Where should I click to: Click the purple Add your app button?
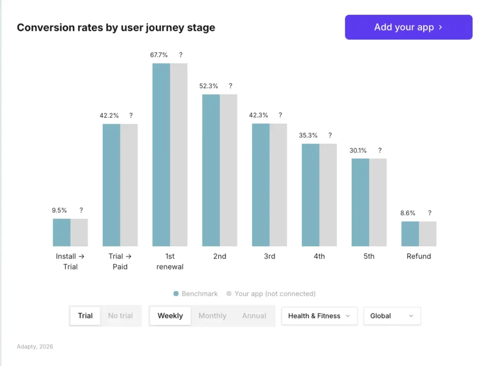(x=409, y=27)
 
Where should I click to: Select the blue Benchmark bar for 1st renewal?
(x=161, y=154)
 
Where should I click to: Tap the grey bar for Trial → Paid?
(x=129, y=185)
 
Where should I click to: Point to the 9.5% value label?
(x=59, y=210)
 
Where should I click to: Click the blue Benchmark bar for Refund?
(x=410, y=233)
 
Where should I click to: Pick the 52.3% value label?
(x=209, y=86)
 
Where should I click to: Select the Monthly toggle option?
(x=212, y=316)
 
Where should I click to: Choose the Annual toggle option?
(x=254, y=316)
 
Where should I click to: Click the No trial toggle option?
(x=120, y=316)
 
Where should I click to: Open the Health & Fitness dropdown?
(x=319, y=316)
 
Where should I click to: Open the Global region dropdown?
(x=392, y=316)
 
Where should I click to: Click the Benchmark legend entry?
(x=196, y=294)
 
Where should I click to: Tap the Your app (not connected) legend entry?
(x=271, y=294)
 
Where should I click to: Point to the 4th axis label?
(x=319, y=256)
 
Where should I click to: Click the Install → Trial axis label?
(x=70, y=261)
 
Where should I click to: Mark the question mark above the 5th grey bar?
(x=380, y=151)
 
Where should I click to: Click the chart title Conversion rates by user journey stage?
(x=116, y=28)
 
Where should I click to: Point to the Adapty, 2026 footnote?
(x=35, y=347)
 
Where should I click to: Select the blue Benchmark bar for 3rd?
(x=261, y=185)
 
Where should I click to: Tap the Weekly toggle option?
(x=170, y=316)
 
